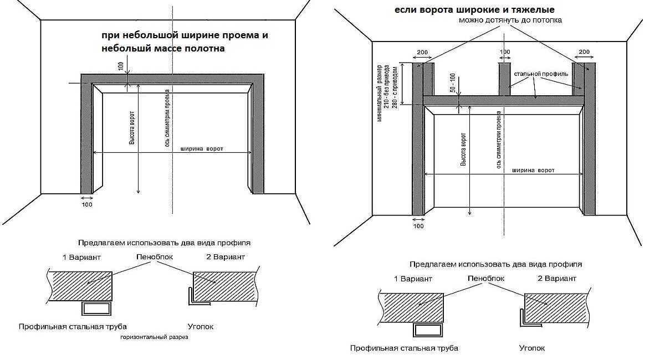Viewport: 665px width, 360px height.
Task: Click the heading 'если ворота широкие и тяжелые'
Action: click(x=474, y=10)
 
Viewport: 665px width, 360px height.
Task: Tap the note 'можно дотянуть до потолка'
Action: click(x=510, y=20)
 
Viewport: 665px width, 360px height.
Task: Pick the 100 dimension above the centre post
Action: click(x=505, y=52)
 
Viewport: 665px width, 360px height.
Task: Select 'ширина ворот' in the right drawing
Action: click(x=533, y=170)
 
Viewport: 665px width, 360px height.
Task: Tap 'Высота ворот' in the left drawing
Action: click(x=132, y=128)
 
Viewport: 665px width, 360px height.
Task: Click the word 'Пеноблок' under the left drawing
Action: click(x=153, y=257)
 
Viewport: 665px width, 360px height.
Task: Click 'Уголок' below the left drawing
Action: click(x=201, y=327)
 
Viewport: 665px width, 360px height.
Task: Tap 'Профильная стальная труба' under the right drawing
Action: click(x=404, y=348)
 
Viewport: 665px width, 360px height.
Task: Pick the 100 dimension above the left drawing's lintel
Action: click(x=120, y=65)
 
